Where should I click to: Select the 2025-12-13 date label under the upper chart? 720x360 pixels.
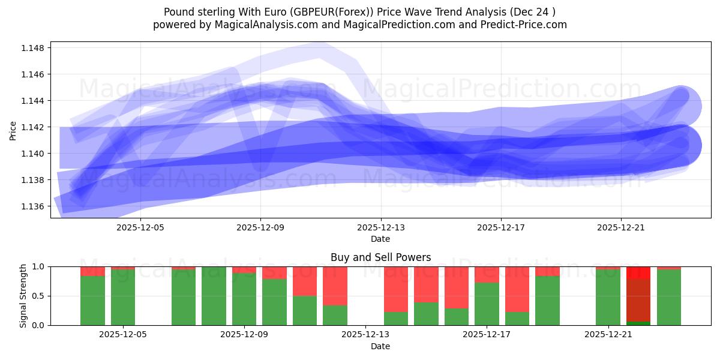(x=380, y=227)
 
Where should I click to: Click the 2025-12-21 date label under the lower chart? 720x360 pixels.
(x=608, y=335)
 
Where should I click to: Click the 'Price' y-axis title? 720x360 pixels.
(x=13, y=130)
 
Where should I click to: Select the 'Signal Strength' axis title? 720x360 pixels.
(x=23, y=296)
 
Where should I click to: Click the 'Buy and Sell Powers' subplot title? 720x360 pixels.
(x=380, y=257)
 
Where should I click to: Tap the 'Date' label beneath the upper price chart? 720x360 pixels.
(x=380, y=239)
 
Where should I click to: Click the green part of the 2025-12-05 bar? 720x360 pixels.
(x=123, y=297)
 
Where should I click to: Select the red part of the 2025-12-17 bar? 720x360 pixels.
(x=487, y=274)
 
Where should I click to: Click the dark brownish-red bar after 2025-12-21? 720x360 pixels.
(x=638, y=300)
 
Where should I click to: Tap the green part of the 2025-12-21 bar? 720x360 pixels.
(x=608, y=297)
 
